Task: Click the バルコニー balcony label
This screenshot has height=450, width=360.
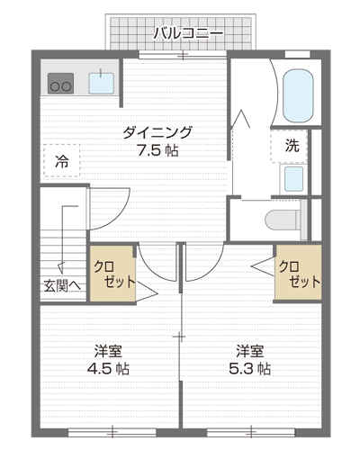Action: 188,33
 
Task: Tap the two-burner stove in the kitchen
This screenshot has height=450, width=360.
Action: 60,83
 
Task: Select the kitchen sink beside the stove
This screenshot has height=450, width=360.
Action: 102,83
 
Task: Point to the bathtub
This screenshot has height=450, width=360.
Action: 298,95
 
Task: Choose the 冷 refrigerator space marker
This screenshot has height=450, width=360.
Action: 62,160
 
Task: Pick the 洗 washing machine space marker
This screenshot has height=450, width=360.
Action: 289,146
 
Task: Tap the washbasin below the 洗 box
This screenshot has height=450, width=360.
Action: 293,179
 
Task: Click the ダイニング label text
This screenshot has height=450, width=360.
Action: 157,132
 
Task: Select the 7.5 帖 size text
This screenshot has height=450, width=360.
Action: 157,150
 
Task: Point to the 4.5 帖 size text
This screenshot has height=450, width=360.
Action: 108,369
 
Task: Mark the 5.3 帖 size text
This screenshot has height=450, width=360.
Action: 249,369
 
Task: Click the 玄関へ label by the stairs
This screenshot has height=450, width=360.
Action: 62,286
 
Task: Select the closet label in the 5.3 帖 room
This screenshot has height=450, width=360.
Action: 300,274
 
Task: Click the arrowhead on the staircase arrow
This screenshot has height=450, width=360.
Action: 61,267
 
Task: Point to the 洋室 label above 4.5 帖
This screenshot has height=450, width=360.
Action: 108,351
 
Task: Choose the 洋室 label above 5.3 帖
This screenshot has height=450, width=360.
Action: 249,351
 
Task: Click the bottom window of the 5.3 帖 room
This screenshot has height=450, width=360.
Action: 251,432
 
